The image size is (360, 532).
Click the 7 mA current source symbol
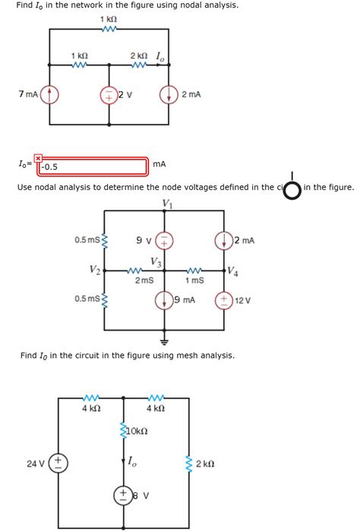[50, 95]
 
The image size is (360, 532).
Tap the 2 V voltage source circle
[109, 95]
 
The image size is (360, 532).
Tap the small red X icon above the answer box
[37, 157]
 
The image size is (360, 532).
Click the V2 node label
[93, 269]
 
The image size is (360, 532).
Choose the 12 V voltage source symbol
[224, 299]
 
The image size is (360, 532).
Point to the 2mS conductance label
[144, 280]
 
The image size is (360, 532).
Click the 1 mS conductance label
[194, 280]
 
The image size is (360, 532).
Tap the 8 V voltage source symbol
[122, 496]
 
